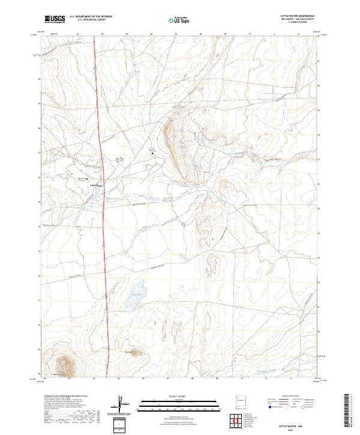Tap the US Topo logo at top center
point(180,20)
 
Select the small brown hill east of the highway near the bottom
point(133,352)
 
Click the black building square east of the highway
point(152,154)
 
